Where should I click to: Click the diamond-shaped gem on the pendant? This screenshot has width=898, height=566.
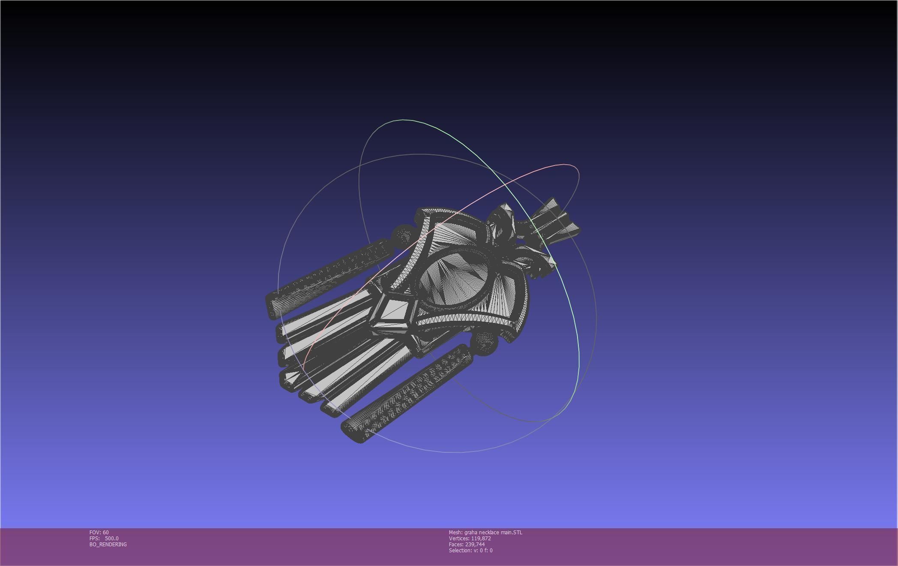coord(393,310)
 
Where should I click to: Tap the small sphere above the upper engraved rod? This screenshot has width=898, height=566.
coord(403,235)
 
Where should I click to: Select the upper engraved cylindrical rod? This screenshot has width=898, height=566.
coord(330,274)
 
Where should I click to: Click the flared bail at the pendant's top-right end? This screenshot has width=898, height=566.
coord(557,219)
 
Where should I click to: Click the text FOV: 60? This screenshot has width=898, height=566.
coord(99,532)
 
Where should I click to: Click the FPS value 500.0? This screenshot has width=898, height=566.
coord(111,538)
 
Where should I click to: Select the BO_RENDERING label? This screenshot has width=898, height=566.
coord(108,544)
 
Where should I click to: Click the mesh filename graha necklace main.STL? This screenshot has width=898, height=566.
coord(493,532)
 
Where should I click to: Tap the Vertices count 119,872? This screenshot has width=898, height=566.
coord(481,538)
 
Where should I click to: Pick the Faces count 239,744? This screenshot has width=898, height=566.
coord(475,544)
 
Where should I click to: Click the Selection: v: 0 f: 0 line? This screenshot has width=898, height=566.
coord(470,550)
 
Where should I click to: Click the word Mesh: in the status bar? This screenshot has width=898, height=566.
coord(455,532)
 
